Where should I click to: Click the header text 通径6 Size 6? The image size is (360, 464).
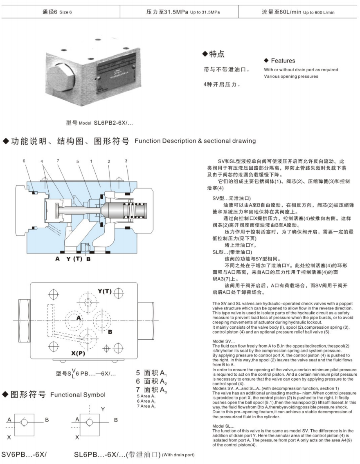[57, 12]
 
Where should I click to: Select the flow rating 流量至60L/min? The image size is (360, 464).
[298, 12]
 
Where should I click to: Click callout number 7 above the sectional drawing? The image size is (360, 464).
[58, 161]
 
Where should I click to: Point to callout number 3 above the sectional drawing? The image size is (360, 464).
[126, 161]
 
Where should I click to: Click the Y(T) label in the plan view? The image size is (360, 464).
[104, 291]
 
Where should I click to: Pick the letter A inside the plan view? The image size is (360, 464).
[78, 318]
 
